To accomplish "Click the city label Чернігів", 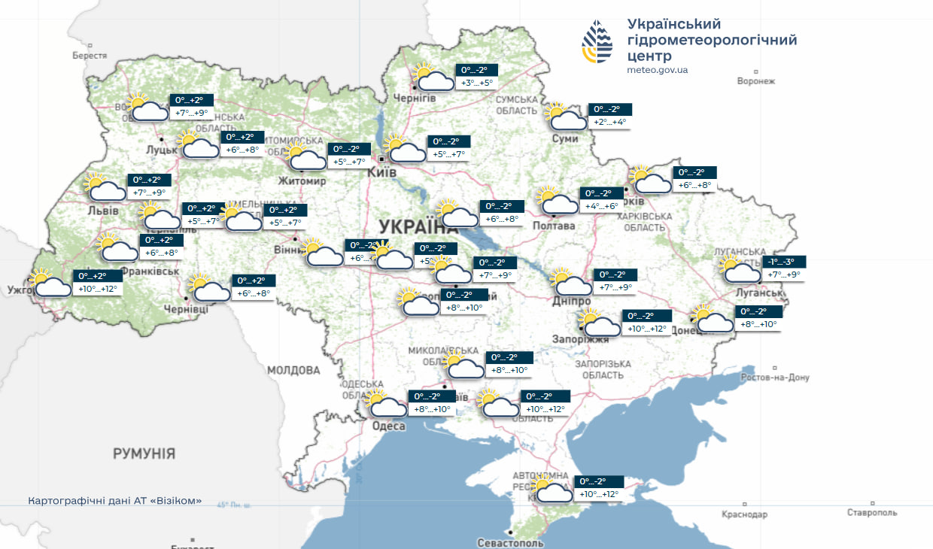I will click(415, 99).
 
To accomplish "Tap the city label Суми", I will click(565, 139).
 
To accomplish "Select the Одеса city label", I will click(389, 426).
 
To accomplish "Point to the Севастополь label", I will click(509, 542).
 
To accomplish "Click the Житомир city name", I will click(302, 181).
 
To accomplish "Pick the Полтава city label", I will click(553, 226).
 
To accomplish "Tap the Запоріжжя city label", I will click(580, 340).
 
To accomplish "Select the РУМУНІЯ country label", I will click(144, 453).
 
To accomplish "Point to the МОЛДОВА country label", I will click(293, 370).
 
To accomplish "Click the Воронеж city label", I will click(755, 81).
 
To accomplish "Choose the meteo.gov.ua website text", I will click(657, 70).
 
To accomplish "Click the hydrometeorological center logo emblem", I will click(597, 41).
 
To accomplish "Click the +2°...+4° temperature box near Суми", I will click(609, 122).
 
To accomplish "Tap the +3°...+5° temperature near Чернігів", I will click(476, 83).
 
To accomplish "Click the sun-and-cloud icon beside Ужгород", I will click(50, 285).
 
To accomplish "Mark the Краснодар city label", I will click(744, 514).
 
